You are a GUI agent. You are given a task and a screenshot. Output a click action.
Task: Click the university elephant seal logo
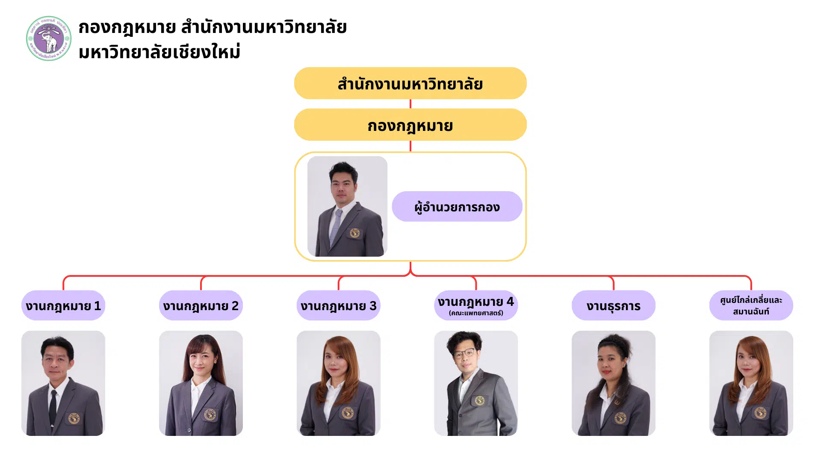tap(49, 38)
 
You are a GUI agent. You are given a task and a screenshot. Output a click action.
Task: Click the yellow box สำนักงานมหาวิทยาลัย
tap(410, 83)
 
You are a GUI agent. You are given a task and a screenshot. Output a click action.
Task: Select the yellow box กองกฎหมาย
tap(410, 125)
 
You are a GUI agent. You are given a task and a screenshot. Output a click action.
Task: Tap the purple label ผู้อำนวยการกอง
tap(457, 207)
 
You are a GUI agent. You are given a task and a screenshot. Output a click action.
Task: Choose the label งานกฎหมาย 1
tap(63, 305)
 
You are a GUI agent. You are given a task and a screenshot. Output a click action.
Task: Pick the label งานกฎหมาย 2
tap(201, 305)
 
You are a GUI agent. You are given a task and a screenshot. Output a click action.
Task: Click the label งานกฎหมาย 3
tap(338, 305)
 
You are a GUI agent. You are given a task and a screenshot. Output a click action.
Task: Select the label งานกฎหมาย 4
tap(475, 302)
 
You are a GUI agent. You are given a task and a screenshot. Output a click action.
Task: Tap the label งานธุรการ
tap(613, 305)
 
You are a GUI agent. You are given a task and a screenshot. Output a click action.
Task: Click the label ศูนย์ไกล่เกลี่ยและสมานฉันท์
tap(751, 305)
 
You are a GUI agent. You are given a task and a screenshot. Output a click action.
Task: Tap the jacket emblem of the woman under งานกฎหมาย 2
tap(210, 414)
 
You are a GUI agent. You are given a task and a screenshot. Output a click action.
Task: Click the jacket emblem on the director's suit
tap(354, 233)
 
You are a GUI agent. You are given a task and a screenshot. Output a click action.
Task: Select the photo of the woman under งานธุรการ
tap(613, 383)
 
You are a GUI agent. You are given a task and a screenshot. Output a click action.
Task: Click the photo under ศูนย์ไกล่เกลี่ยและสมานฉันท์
tap(751, 383)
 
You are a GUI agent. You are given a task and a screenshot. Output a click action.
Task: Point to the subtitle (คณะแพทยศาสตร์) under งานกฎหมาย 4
tap(476, 313)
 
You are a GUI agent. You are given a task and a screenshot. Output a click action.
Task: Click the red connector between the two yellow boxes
tap(410, 104)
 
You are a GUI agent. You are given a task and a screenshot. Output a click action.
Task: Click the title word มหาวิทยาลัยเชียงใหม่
tap(159, 52)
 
